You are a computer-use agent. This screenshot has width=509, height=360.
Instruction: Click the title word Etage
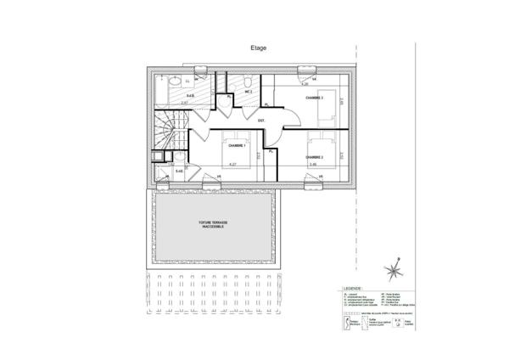click(x=258, y=48)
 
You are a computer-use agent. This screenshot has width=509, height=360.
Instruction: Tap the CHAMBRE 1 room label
click(x=225, y=145)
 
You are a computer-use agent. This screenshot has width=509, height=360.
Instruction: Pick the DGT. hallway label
click(x=262, y=121)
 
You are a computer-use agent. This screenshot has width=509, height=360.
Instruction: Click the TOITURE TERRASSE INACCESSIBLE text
click(x=210, y=227)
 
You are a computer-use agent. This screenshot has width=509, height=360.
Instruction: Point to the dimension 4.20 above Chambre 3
click(x=305, y=85)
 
